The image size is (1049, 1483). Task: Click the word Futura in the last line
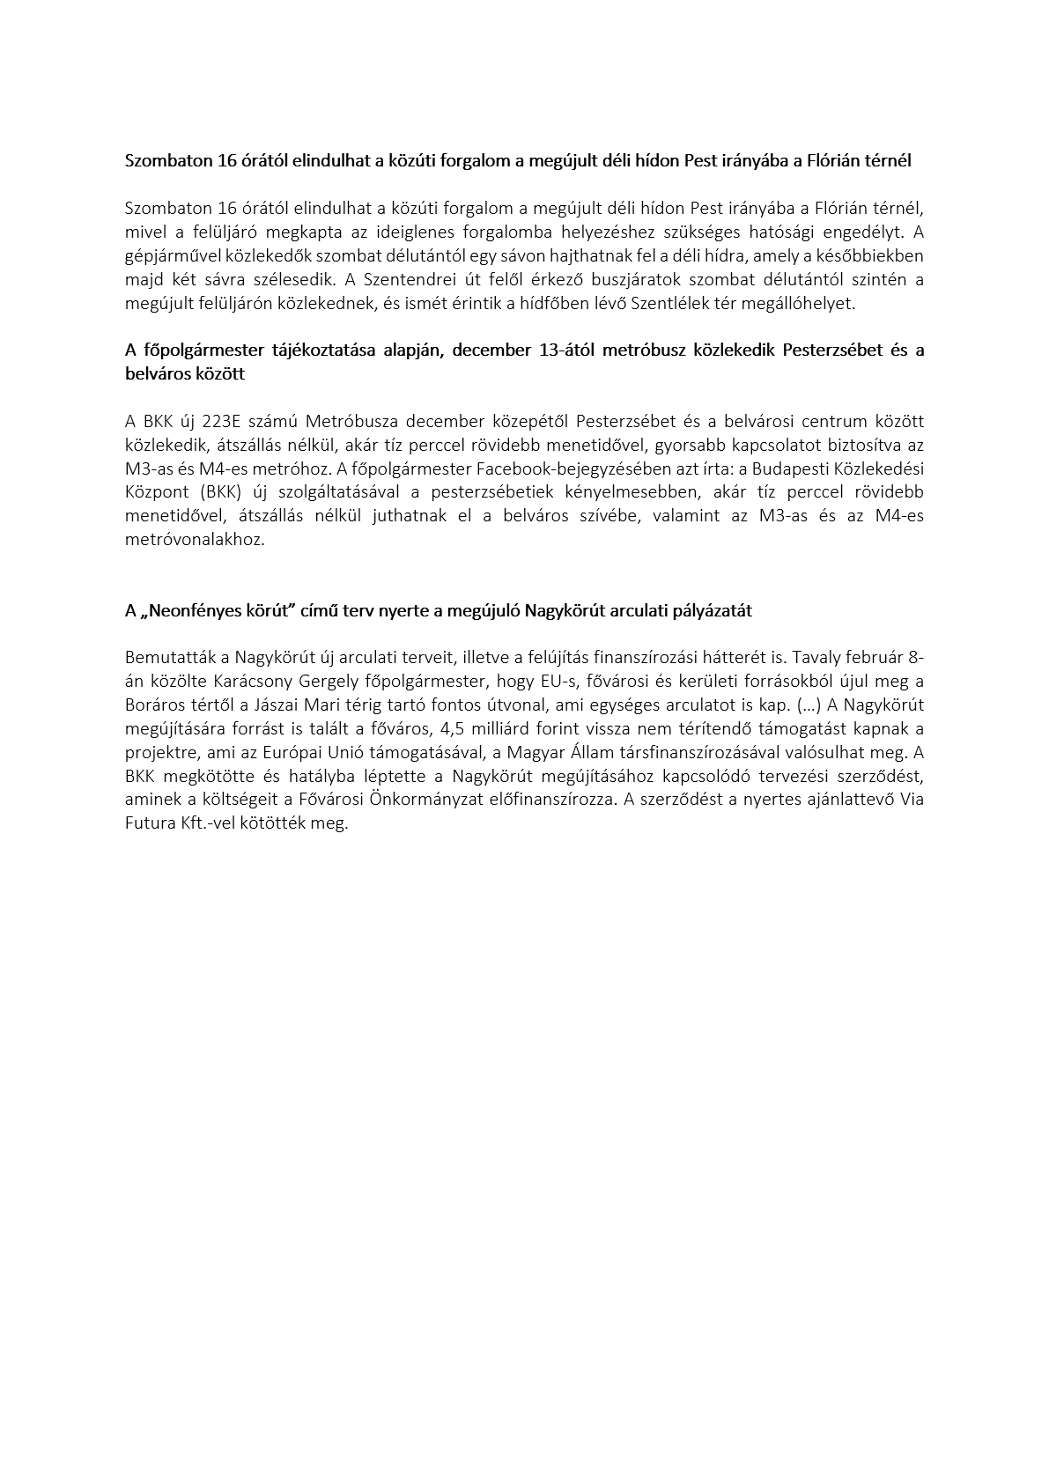point(148,823)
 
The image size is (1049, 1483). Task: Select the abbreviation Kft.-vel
point(204,823)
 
